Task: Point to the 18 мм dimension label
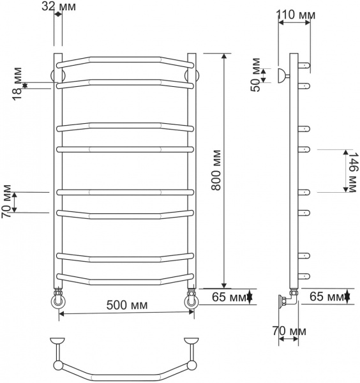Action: pyautogui.click(x=17, y=82)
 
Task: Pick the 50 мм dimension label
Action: pyautogui.click(x=257, y=75)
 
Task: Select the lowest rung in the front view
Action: pyautogui.click(x=126, y=278)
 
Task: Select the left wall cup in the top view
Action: pyautogui.click(x=58, y=341)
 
